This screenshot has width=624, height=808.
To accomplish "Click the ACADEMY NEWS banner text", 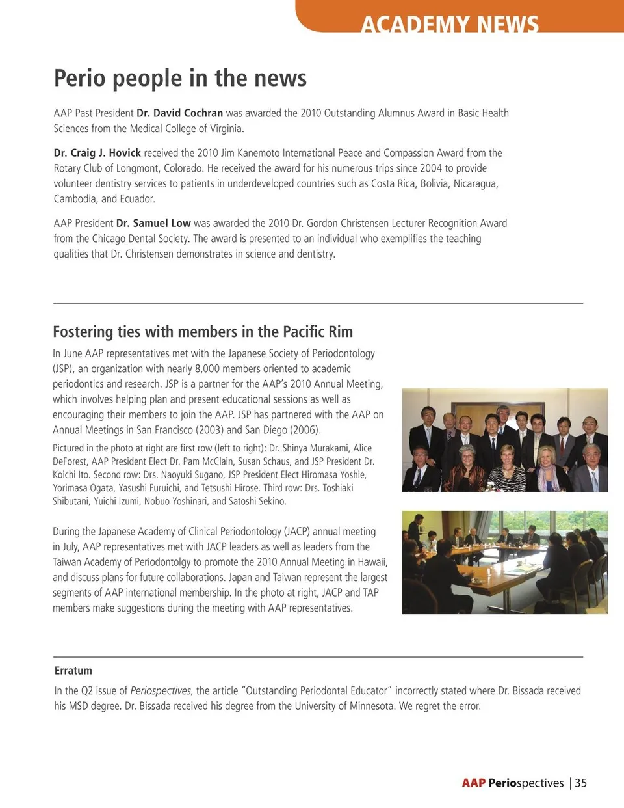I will pos(450,25).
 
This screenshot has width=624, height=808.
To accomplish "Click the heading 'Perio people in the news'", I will pos(180,78).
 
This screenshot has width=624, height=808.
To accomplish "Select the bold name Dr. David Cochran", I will pos(179,113).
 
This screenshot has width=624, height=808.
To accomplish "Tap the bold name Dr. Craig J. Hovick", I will pos(97,153).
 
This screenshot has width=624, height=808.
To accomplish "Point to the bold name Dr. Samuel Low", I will pos(153,223).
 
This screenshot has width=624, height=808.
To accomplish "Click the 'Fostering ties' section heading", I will pos(203,332).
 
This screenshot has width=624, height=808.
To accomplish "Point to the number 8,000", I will pos(207,368).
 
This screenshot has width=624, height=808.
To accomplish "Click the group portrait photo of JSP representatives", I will pos(505,440).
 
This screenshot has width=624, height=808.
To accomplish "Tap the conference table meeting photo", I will pos(505,563).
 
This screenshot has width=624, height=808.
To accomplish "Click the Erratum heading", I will pos(73,671).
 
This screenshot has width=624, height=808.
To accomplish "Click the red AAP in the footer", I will pos(473,783).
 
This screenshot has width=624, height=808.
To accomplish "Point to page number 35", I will pos(580,783).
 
